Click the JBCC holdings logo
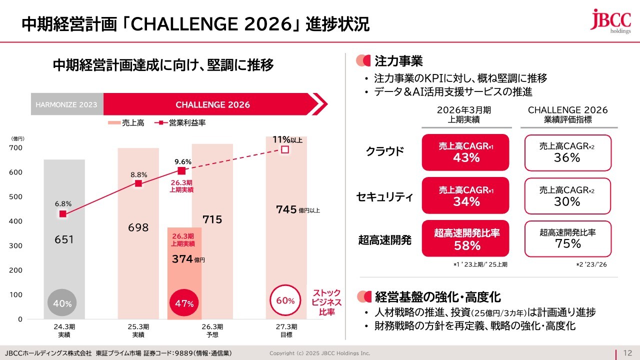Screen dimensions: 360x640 click(x=609, y=21)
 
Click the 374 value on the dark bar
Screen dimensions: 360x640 click(x=186, y=259)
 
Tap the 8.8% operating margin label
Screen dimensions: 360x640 click(x=138, y=174)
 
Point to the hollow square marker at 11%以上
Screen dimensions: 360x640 click(x=285, y=149)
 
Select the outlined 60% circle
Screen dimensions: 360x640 click(x=285, y=300)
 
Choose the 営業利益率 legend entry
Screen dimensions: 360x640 click(x=177, y=123)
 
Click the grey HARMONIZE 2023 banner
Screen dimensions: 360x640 click(x=67, y=105)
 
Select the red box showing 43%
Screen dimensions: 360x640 click(x=466, y=152)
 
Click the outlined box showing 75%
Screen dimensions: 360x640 click(x=567, y=238)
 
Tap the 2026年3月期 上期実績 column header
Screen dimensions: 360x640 click(x=464, y=115)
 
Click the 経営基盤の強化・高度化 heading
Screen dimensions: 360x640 click(x=437, y=297)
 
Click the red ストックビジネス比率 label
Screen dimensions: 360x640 click(x=326, y=302)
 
